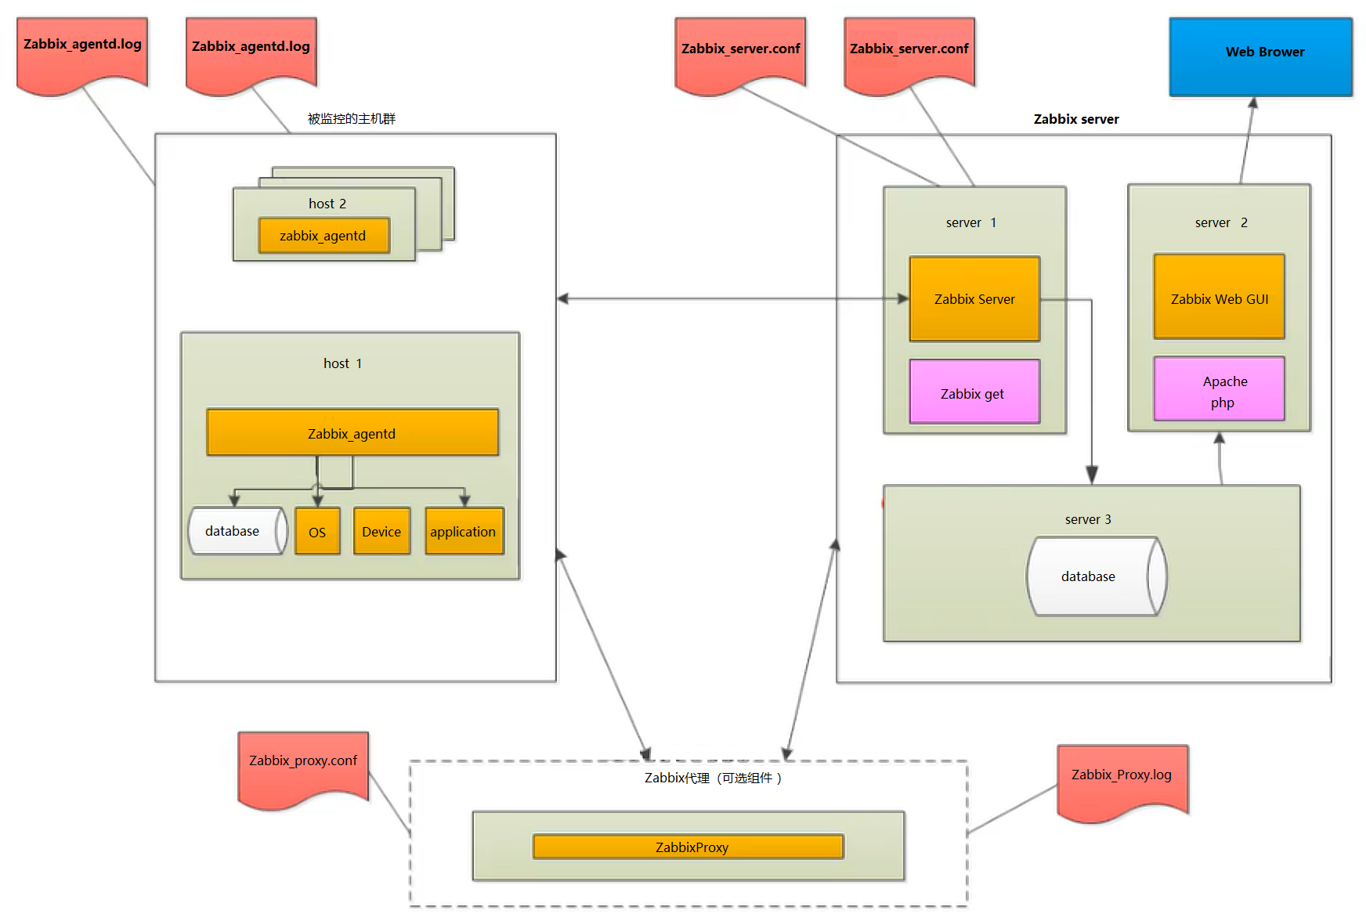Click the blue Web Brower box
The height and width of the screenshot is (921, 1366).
point(1260,56)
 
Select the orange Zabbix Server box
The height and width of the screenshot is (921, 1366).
point(974,298)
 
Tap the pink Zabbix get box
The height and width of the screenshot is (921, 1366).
point(974,392)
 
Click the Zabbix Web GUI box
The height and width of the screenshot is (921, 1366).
point(1219,297)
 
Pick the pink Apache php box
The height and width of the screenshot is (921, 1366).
point(1219,389)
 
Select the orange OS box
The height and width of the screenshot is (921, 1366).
point(317,532)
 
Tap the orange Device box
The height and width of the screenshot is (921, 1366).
point(381,532)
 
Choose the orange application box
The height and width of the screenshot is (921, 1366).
point(464,532)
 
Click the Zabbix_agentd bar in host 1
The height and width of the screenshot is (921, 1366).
point(352,432)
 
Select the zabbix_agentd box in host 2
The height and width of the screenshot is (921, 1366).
point(323,236)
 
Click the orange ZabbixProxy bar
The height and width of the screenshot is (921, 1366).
point(688,847)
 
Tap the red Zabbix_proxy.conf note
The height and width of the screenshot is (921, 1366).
point(303,764)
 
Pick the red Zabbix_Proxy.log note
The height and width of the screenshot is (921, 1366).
point(1122,777)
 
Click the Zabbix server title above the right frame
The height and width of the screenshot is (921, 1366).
point(1076,119)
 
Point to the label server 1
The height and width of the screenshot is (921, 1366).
point(970,222)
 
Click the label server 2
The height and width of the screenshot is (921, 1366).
point(1220,222)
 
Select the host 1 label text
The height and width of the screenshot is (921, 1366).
point(342,363)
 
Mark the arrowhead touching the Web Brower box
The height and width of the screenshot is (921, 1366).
point(1252,102)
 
